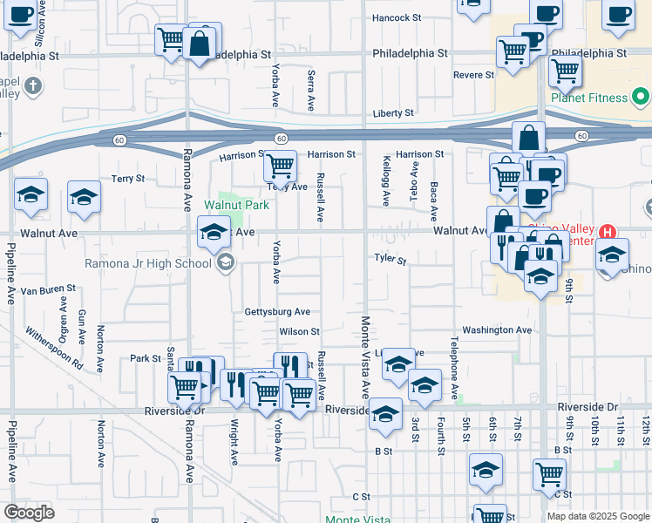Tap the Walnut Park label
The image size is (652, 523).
point(236,206)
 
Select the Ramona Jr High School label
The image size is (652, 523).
point(147,263)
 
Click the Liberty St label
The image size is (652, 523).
point(392,113)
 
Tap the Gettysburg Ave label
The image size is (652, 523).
point(277,312)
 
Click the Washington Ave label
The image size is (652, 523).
point(496,330)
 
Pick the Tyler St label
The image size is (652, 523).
point(390,260)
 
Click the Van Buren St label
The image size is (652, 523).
point(49,289)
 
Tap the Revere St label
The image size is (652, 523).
point(473,75)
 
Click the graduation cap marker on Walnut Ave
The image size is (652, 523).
point(214,232)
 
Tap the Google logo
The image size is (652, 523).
point(29,513)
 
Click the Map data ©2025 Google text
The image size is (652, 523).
point(597,516)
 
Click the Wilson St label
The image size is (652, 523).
point(300,332)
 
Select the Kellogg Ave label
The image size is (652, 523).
point(385,181)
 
